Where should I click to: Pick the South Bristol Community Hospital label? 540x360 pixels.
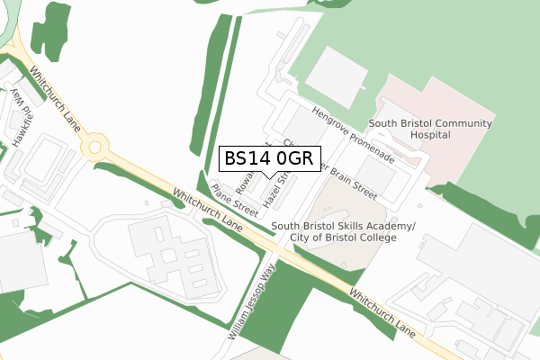(x=430, y=128)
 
